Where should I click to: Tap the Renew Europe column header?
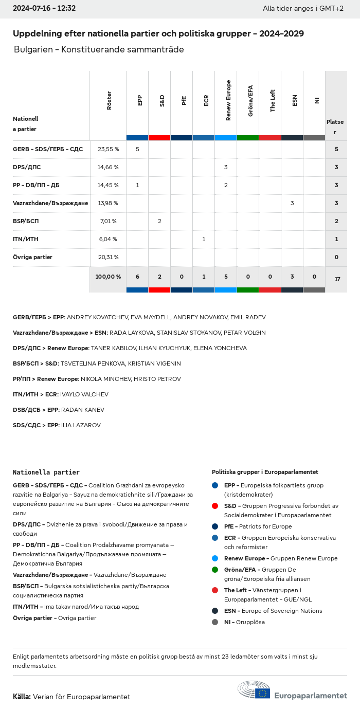tap(228, 100)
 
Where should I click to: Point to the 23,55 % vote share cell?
tap(108, 149)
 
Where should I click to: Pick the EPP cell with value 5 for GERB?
tap(137, 149)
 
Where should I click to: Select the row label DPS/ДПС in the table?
tap(27, 167)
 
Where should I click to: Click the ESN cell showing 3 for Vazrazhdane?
tap(292, 203)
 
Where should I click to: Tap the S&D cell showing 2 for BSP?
tap(159, 221)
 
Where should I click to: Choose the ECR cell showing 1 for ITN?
tap(204, 239)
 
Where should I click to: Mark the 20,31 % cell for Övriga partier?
tap(108, 257)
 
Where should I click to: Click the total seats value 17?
tap(337, 279)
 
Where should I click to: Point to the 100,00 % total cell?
tap(108, 277)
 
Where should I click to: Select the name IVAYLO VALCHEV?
tap(84, 394)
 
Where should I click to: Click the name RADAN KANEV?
tap(83, 410)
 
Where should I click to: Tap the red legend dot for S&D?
tap(215, 506)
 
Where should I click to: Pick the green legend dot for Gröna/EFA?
tap(215, 570)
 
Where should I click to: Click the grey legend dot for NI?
tap(215, 622)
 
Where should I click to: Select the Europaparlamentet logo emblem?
tap(254, 689)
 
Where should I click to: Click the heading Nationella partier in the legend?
tap(46, 472)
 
